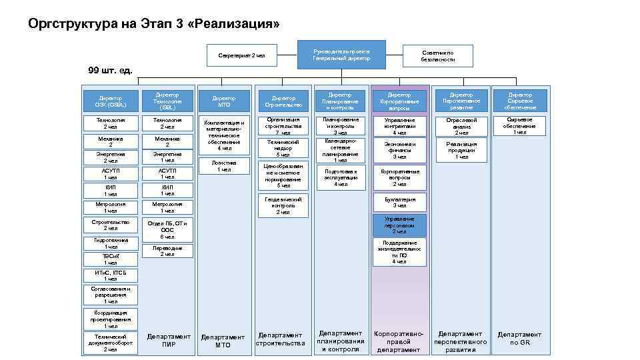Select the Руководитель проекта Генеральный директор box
click(342, 55)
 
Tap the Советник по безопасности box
click(438, 56)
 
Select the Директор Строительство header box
click(283, 101)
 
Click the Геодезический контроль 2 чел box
click(283, 205)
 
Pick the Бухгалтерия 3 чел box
click(399, 203)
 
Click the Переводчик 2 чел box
click(163, 251)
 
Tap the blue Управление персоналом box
click(399, 225)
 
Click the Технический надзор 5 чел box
click(283, 149)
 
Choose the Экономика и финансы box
click(399, 151)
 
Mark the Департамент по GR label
click(519, 339)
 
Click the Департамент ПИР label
click(169, 341)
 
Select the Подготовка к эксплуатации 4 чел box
click(341, 177)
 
